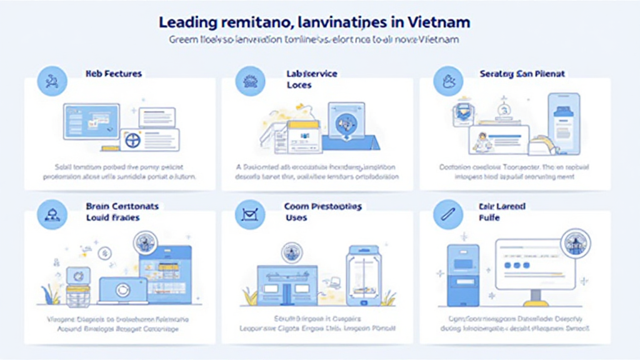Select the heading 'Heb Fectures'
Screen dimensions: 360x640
pyautogui.click(x=114, y=74)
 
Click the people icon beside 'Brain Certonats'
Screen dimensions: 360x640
pyautogui.click(x=52, y=216)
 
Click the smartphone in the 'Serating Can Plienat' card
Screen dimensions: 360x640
pyautogui.click(x=564, y=122)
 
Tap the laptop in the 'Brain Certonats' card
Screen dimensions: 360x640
pyautogui.click(x=123, y=290)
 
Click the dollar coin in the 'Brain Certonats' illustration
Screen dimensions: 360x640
pyautogui.click(x=104, y=254)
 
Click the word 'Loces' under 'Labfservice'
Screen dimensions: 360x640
pyautogui.click(x=299, y=85)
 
